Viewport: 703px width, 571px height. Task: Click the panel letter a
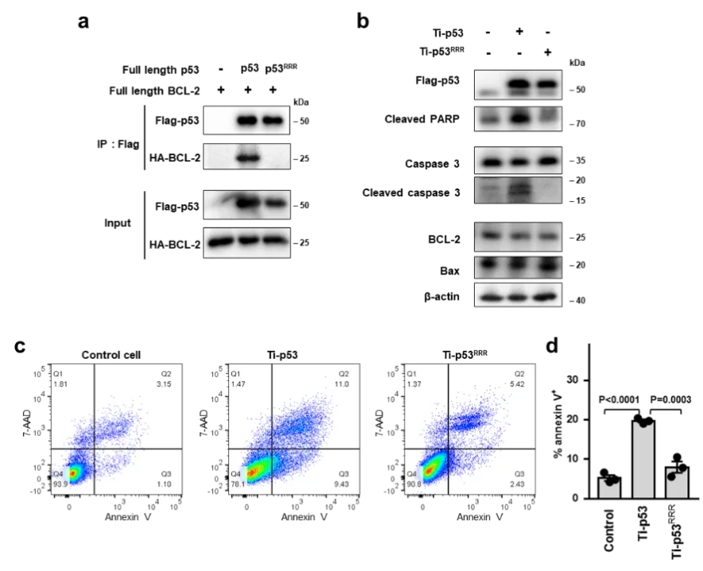(x=83, y=21)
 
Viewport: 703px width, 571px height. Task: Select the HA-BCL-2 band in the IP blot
(x=249, y=158)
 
